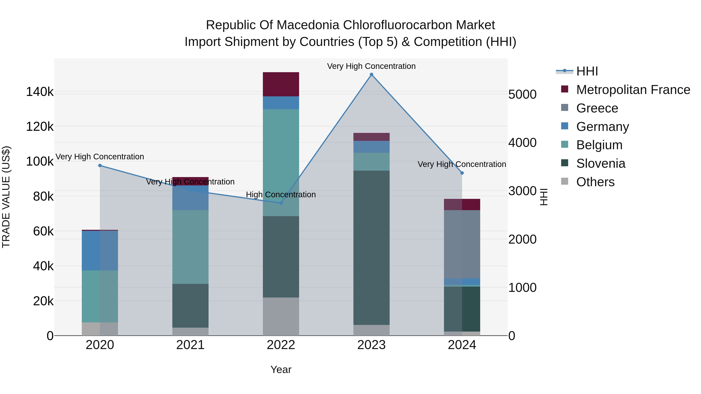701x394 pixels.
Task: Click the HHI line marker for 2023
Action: coord(372,75)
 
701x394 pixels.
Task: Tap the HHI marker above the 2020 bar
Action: coord(100,166)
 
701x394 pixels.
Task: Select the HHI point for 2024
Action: coord(462,173)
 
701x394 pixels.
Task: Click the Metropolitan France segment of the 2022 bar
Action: coord(281,84)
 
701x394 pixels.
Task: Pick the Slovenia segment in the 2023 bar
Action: coord(372,247)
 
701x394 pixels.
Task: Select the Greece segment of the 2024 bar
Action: coord(462,244)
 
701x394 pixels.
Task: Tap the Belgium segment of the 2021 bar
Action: coord(190,247)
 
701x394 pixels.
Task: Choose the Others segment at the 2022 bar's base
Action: coord(281,317)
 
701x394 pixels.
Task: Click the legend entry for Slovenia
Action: coord(601,163)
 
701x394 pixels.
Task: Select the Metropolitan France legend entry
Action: coord(633,90)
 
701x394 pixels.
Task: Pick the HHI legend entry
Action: coord(587,71)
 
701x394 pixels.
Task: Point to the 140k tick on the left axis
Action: coord(40,92)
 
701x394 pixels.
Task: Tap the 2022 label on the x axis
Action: coord(281,345)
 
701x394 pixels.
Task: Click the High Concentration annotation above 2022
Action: coord(281,195)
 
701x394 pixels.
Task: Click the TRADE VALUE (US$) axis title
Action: coord(6,197)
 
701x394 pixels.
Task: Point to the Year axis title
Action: coord(281,369)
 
